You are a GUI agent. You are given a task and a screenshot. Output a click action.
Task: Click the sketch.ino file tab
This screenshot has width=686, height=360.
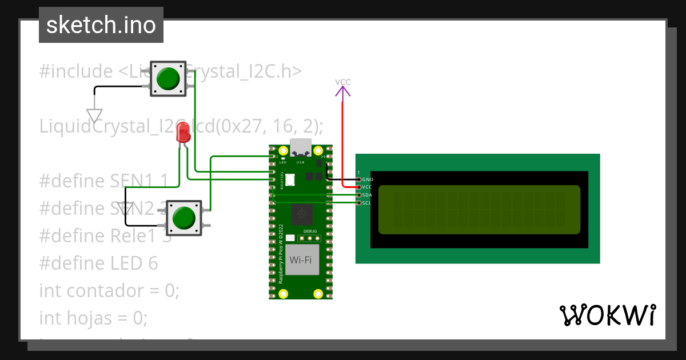(101, 25)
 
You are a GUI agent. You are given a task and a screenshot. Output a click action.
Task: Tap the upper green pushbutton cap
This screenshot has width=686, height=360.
(167, 78)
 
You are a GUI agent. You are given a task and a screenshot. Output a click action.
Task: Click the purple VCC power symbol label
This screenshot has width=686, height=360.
(342, 82)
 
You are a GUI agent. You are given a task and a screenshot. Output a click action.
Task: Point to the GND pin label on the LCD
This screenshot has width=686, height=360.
(367, 179)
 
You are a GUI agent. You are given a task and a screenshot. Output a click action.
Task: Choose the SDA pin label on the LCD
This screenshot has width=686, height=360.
(367, 195)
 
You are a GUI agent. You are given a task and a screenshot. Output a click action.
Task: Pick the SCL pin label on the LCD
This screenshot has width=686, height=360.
(367, 203)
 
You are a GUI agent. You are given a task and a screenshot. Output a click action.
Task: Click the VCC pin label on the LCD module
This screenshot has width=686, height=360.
(367, 187)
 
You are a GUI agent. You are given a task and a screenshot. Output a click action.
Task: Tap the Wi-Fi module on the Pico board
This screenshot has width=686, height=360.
(301, 260)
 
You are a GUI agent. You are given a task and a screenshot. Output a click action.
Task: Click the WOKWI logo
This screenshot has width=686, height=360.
(607, 315)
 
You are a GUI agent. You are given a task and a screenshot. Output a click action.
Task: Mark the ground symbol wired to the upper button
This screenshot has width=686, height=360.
(94, 115)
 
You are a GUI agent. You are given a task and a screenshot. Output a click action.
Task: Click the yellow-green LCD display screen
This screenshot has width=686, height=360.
(479, 210)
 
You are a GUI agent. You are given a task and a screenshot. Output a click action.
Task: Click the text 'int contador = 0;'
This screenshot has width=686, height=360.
(109, 290)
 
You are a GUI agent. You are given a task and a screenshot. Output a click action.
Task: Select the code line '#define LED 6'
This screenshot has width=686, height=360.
(98, 263)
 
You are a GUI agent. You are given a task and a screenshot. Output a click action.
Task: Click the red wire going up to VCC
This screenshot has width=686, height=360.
(342, 143)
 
